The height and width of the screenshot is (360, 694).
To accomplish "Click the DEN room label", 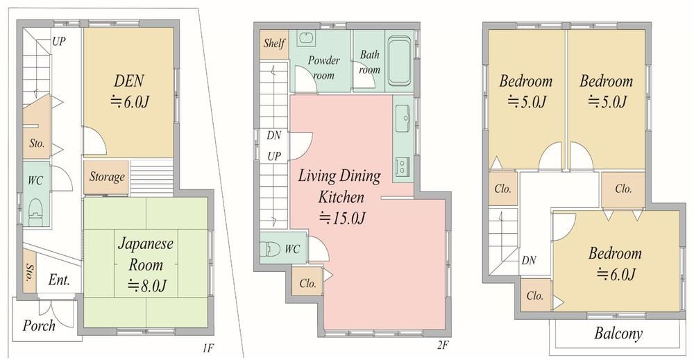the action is tap(129, 81).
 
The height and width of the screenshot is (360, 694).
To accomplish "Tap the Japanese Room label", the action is tap(146, 255).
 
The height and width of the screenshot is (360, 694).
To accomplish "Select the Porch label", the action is tap(39, 326).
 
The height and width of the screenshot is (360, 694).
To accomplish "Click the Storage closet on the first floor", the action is tap(106, 177).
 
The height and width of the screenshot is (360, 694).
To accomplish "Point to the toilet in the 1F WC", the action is tap(35, 212).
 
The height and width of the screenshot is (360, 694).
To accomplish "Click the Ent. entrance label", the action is tap(59, 280).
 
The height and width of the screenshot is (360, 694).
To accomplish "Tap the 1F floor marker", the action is tap(208, 348).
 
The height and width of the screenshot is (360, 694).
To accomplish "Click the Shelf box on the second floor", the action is tap(274, 44).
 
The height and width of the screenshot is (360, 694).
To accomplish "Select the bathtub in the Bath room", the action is tap(399, 60).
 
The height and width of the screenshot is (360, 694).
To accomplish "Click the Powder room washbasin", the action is tap(305, 38).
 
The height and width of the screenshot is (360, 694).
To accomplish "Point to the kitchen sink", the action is tap(403, 119).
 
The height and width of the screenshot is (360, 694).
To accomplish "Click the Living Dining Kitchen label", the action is tap(339, 186).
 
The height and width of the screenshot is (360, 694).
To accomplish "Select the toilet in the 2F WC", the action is tap(269, 249).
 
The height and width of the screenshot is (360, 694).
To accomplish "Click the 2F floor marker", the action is tap(443, 345).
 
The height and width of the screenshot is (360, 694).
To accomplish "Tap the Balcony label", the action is tap(618, 333).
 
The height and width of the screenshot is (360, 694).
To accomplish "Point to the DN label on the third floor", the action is tap(528, 261).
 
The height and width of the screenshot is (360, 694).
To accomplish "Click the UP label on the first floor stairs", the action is tap(58, 42).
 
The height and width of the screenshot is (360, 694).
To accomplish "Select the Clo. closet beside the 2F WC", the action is tap(307, 282).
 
